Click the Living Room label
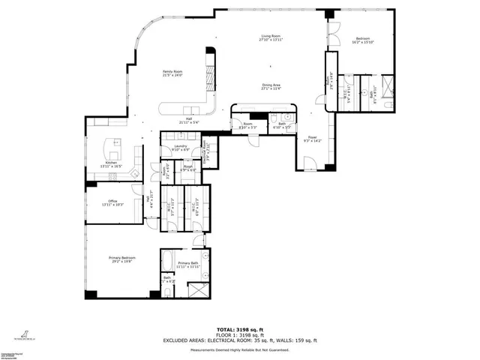click(x=271, y=37)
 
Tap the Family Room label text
click(x=173, y=73)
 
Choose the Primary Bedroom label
click(x=120, y=258)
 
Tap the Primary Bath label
click(x=188, y=264)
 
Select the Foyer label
click(x=311, y=139)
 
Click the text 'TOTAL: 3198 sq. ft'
click(x=239, y=329)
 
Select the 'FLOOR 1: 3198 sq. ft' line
click(x=239, y=334)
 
